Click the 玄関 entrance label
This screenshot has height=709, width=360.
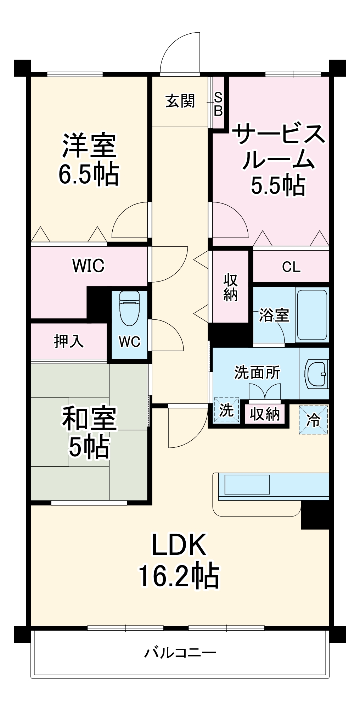click(x=180, y=101)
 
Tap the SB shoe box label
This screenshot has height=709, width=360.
click(x=218, y=104)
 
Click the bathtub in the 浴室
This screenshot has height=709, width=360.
click(x=312, y=315)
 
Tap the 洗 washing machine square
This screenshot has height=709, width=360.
click(x=226, y=411)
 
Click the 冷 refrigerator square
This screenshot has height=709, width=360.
click(x=313, y=420)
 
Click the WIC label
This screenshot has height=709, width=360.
click(x=88, y=266)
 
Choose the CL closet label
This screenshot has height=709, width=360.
click(x=291, y=267)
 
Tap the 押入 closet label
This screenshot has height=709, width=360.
click(x=69, y=341)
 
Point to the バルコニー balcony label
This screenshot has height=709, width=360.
click(x=180, y=653)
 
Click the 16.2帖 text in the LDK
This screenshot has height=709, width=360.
click(x=179, y=576)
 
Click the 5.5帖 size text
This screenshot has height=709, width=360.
click(x=278, y=185)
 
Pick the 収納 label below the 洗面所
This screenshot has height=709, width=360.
click(x=265, y=414)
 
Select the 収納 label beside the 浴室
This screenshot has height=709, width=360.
click(x=230, y=287)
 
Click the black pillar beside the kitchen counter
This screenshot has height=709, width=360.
click(x=315, y=515)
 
